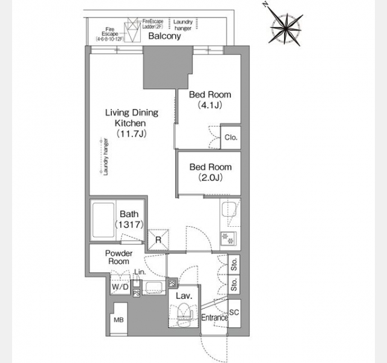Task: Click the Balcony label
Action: point(164,36)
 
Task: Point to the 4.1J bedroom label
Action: point(210,100)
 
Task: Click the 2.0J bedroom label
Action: point(210,172)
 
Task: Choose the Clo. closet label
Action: point(231,137)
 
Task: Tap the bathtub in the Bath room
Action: point(103,220)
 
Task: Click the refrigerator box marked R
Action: point(158,240)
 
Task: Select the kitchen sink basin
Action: point(229,209)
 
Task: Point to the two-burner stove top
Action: point(229,238)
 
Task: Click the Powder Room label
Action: point(119,257)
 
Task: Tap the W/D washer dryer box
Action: point(120,286)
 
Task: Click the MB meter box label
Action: point(119,320)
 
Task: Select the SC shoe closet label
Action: point(234,312)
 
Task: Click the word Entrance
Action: point(215,318)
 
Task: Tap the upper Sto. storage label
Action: point(234,264)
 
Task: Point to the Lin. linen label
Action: point(140,272)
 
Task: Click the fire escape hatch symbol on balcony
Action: point(133,30)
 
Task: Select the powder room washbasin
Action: point(154,288)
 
